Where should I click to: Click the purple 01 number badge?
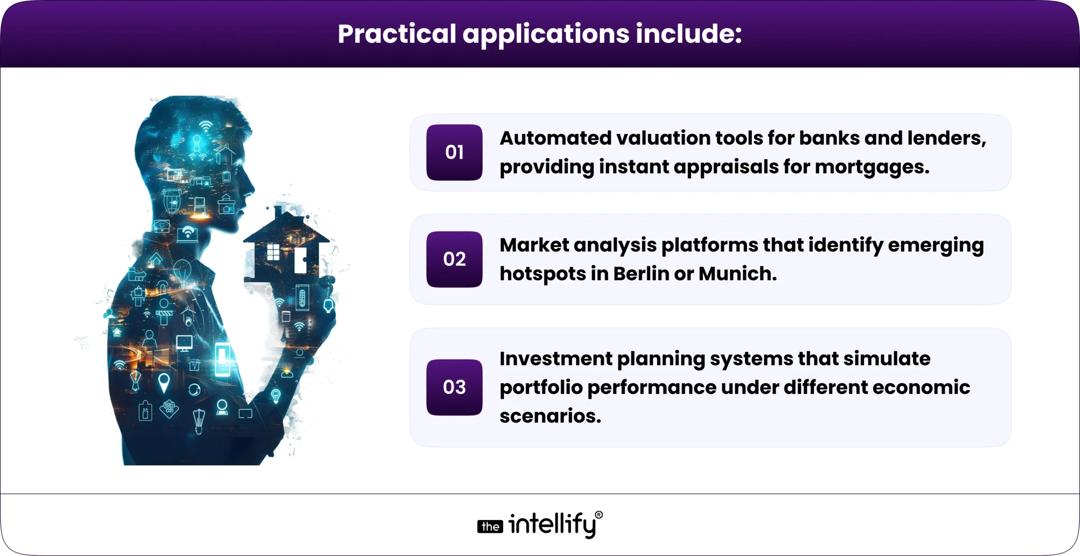[454, 152]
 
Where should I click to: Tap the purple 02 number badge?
[454, 259]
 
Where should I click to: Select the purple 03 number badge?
[454, 387]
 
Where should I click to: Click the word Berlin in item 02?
[641, 274]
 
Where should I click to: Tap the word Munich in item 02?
[737, 274]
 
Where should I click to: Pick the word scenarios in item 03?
[550, 416]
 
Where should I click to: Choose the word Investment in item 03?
[556, 358]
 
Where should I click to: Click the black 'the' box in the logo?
[490, 526]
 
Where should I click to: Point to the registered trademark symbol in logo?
[599, 515]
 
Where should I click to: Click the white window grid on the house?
[273, 252]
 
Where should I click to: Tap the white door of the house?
[300, 260]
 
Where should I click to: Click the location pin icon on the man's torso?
[164, 382]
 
